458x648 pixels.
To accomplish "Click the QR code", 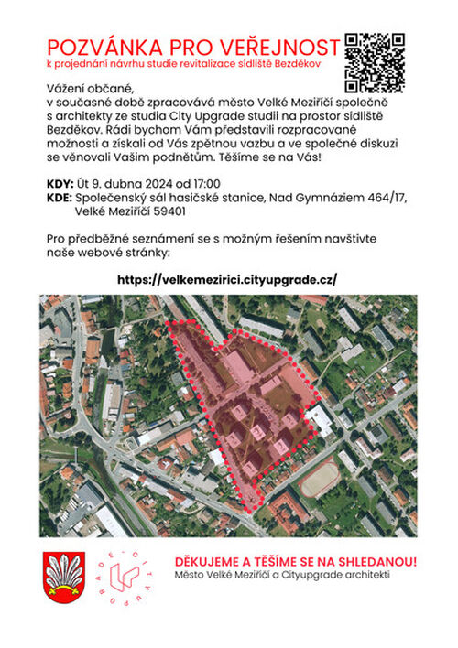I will (375, 62).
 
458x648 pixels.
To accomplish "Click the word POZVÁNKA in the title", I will (104, 48).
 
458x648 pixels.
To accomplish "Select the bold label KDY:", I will (60, 181).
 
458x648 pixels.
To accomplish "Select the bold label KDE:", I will (60, 196).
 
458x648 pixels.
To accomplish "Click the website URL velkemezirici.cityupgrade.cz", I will (228, 279).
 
